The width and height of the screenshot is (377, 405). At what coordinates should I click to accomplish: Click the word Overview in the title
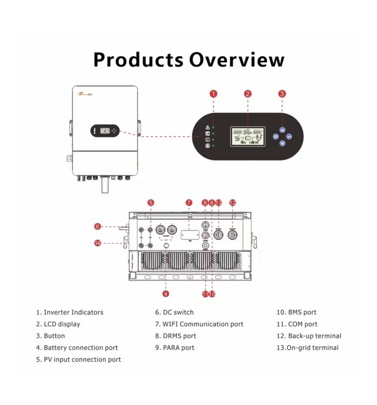pyautogui.click(x=237, y=60)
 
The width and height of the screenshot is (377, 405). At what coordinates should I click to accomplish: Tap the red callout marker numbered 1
pyautogui.click(x=213, y=94)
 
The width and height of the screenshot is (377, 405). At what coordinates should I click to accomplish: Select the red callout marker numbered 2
pyautogui.click(x=248, y=94)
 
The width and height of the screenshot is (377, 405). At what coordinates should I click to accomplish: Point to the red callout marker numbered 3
pyautogui.click(x=282, y=94)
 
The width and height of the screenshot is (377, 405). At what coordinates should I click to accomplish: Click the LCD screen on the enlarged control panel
pyautogui.click(x=248, y=136)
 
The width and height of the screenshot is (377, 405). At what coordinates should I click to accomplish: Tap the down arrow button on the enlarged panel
pyautogui.click(x=282, y=144)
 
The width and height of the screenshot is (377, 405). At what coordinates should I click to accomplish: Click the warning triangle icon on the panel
pyautogui.click(x=207, y=127)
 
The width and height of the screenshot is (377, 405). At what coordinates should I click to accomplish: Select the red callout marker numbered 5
pyautogui.click(x=151, y=203)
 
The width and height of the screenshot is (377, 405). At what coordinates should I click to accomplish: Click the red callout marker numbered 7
pyautogui.click(x=189, y=203)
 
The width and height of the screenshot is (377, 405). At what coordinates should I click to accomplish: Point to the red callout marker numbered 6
pyautogui.click(x=97, y=226)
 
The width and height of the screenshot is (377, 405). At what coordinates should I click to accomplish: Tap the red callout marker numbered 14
pyautogui.click(x=97, y=243)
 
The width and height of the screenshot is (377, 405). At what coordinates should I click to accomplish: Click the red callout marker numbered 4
pyautogui.click(x=166, y=294)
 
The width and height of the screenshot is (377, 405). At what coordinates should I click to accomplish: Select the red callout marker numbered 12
pyautogui.click(x=233, y=203)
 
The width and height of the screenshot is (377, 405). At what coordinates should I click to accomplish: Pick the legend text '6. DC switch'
pyautogui.click(x=174, y=312)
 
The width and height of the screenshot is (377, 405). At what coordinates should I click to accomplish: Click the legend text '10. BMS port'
pyautogui.click(x=296, y=312)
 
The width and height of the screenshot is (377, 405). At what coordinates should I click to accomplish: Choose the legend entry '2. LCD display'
pyautogui.click(x=58, y=324)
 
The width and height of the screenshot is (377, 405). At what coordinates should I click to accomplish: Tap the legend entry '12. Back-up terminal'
pyautogui.click(x=309, y=336)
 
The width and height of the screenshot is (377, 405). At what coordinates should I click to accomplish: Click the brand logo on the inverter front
pyautogui.click(x=85, y=94)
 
